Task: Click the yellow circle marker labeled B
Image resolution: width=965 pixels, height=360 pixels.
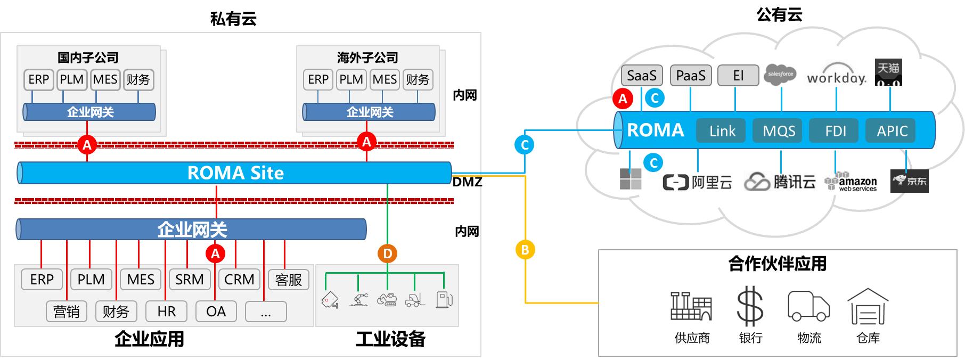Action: [525, 249]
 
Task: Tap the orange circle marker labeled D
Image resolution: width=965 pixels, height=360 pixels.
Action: [388, 253]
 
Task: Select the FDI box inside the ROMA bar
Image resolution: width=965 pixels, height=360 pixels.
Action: [835, 131]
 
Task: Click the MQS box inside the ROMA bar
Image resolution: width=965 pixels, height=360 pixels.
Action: [779, 131]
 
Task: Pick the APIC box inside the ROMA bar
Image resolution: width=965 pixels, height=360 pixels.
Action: [892, 131]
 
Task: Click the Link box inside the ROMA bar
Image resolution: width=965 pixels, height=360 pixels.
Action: [722, 131]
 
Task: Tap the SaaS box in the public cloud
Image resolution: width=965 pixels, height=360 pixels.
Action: [642, 76]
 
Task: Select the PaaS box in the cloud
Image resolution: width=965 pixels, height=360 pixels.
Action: [691, 76]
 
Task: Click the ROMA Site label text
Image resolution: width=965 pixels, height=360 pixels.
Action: [235, 173]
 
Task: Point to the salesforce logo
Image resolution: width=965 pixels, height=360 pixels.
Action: [780, 75]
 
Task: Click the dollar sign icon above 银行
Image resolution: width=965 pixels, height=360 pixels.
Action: [750, 306]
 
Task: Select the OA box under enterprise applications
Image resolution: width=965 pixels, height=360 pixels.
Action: [216, 312]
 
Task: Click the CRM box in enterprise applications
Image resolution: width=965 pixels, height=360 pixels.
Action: [239, 280]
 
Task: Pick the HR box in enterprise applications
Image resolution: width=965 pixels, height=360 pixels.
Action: [166, 312]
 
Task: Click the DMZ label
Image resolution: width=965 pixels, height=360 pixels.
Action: [467, 182]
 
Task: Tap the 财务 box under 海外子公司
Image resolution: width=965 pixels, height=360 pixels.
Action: [418, 80]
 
